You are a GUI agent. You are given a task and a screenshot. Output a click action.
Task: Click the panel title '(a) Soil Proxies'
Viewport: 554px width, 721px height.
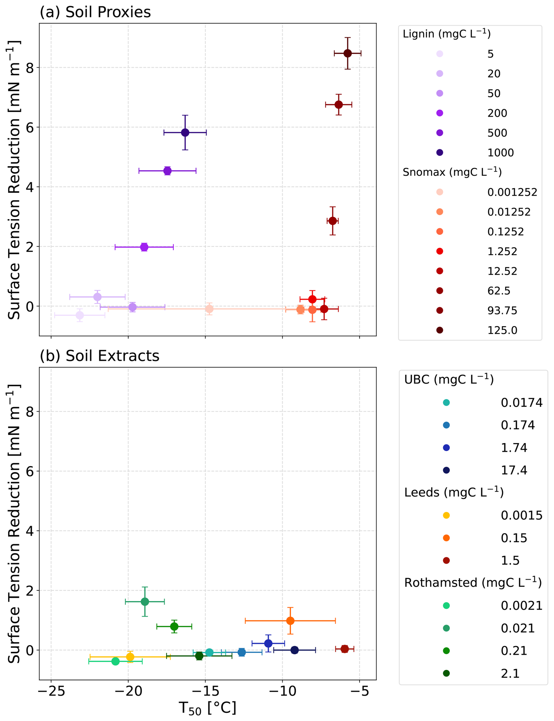click(x=95, y=12)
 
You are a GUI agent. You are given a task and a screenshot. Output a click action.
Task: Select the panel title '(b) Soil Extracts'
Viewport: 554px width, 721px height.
click(x=99, y=356)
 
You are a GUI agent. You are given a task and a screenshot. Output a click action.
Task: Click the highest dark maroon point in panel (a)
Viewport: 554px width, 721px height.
click(x=348, y=53)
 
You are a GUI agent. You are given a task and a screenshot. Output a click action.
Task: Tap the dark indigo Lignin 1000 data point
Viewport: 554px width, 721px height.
click(x=185, y=133)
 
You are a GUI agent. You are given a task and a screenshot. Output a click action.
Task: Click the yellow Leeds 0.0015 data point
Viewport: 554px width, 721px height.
click(x=130, y=657)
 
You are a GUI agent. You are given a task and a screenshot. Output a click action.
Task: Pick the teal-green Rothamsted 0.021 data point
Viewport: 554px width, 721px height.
click(x=145, y=602)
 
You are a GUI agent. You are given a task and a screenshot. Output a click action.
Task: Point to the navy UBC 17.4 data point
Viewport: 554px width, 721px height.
click(x=295, y=650)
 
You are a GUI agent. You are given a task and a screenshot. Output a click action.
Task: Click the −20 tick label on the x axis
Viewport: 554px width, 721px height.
click(x=128, y=691)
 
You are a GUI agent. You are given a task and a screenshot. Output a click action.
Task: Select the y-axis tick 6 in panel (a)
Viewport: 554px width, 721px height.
click(x=30, y=127)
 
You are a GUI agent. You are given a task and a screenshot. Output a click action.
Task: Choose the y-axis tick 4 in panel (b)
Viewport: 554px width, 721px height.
click(x=30, y=531)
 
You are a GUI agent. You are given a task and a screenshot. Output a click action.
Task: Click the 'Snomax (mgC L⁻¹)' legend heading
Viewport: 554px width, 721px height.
click(x=452, y=172)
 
